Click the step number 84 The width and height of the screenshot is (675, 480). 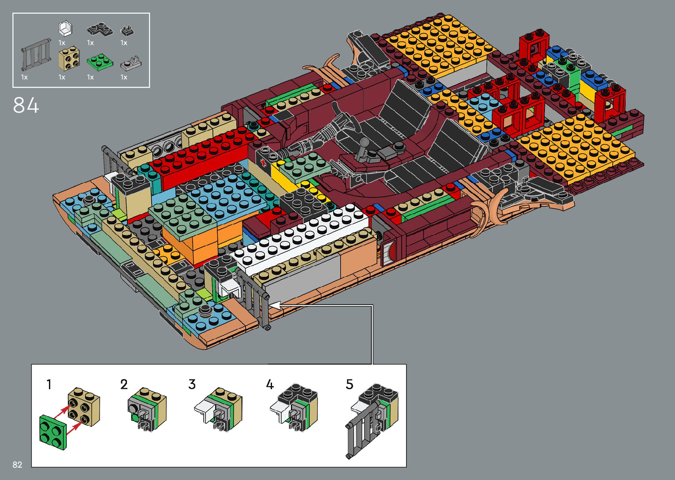pyautogui.click(x=26, y=105)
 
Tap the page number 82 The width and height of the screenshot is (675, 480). pyautogui.click(x=17, y=465)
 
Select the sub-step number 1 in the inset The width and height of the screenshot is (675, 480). pyautogui.click(x=49, y=384)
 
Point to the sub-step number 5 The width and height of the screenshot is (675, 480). pyautogui.click(x=350, y=384)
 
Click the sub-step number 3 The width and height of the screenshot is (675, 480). pyautogui.click(x=192, y=384)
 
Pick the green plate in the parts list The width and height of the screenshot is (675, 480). pyautogui.click(x=100, y=61)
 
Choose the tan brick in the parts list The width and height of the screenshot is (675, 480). pyautogui.click(x=69, y=59)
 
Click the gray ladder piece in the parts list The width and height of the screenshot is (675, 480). pyautogui.click(x=35, y=54)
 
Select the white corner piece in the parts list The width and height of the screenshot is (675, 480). pyautogui.click(x=65, y=29)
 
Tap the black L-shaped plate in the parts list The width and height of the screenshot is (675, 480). pyautogui.click(x=100, y=29)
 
